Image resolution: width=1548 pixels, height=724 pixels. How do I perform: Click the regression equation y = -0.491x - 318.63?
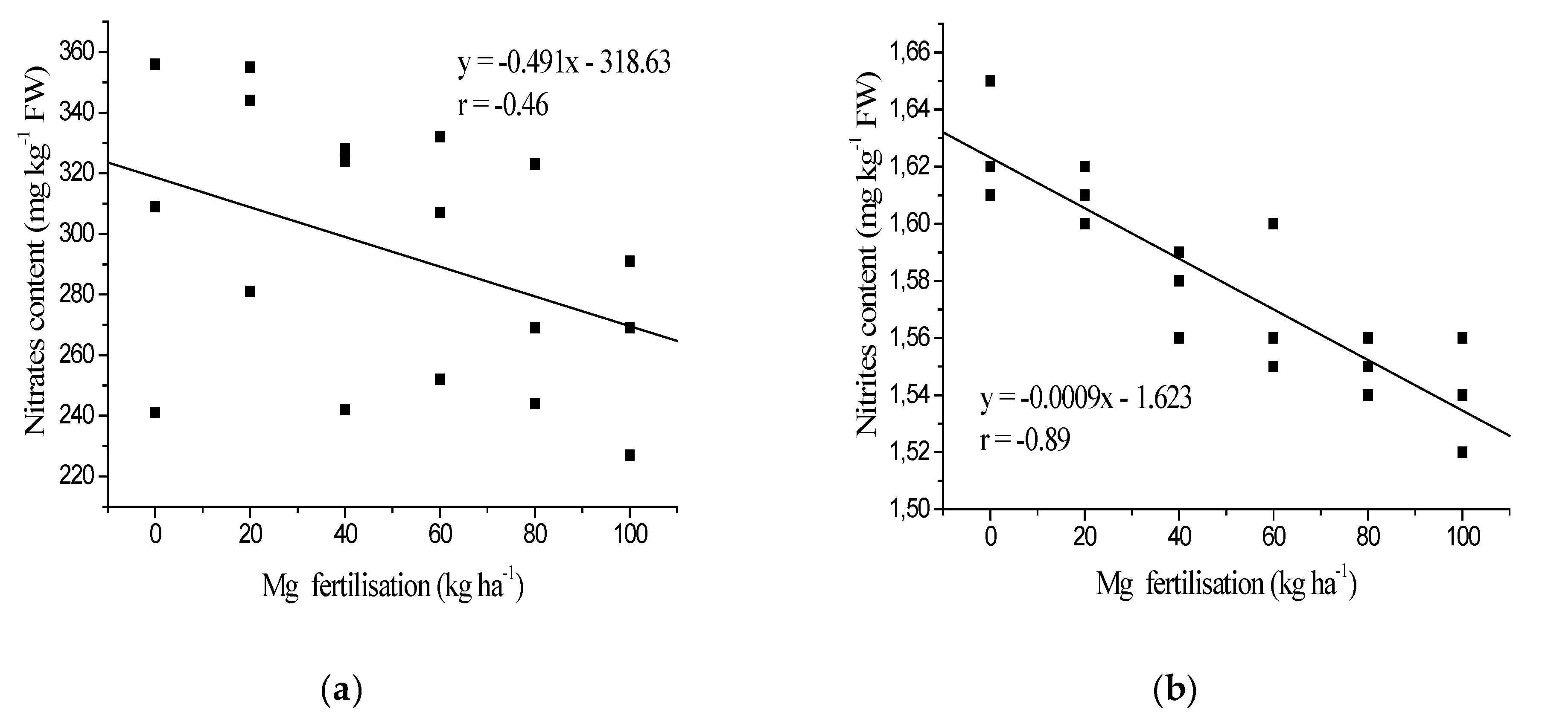[564, 63]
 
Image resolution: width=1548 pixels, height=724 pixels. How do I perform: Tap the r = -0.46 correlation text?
[502, 106]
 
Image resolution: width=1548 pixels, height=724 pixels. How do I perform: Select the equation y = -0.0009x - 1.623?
[1085, 398]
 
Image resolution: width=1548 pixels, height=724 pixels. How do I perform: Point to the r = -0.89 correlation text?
[1025, 440]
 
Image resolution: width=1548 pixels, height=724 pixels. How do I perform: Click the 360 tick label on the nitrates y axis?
[76, 52]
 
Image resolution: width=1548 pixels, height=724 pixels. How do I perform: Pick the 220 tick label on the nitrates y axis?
[76, 477]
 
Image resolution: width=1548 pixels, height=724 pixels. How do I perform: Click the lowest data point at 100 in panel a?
[629, 455]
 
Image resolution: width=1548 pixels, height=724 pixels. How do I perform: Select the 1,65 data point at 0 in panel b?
[990, 81]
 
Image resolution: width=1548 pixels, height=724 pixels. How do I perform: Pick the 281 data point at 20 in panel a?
[250, 291]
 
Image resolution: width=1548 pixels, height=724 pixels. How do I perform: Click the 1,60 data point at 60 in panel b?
[1273, 224]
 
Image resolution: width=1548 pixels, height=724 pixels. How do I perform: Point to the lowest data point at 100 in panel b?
[1462, 452]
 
